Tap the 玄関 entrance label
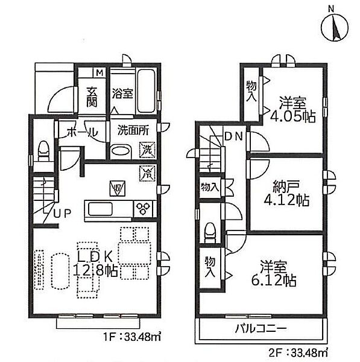pyautogui.click(x=92, y=97)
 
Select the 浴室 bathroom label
pyautogui.click(x=122, y=94)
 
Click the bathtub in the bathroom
pyautogui.click(x=146, y=91)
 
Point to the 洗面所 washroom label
pyautogui.click(x=133, y=130)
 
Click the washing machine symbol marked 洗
pyautogui.click(x=147, y=150)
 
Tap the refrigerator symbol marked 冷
pyautogui.click(x=147, y=173)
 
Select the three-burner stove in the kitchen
pyautogui.click(x=144, y=209)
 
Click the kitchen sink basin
pyautogui.click(x=100, y=209)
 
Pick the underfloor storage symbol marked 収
pyautogui.click(x=118, y=189)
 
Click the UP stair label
pyautogui.click(x=62, y=214)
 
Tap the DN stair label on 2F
pyautogui.click(x=233, y=137)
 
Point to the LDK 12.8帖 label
pyautogui.click(x=95, y=264)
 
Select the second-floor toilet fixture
pyautogui.click(x=210, y=232)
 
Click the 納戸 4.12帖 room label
pyautogui.click(x=286, y=193)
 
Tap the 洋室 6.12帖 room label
pyautogui.click(x=274, y=273)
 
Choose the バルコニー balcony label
pyautogui.click(x=261, y=328)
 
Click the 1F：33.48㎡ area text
pyautogui.click(x=131, y=337)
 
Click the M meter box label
pyautogui.click(x=99, y=73)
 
